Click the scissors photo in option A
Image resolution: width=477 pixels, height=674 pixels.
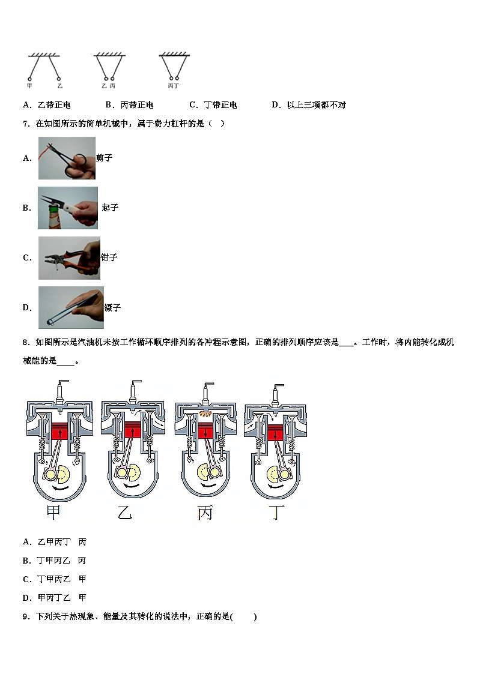tap(67, 158)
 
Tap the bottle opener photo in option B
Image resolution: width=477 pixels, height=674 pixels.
tap(67, 208)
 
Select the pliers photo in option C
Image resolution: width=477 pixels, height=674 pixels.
tap(68, 257)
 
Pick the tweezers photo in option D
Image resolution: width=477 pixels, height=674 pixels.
tap(70, 307)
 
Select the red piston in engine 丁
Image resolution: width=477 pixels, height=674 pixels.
tap(276, 433)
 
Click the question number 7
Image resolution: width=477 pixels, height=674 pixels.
tap(25, 124)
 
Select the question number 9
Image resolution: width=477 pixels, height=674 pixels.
tap(25, 616)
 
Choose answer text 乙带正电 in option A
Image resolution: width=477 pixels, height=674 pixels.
tap(54, 105)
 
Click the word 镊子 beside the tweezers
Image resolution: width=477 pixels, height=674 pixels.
tap(112, 307)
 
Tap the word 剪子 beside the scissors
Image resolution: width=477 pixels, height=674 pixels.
tap(104, 158)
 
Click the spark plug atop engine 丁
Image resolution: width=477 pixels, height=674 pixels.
tap(278, 393)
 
